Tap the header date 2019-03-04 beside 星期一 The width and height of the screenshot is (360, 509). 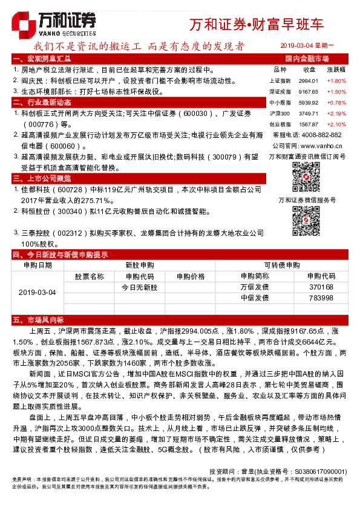301,46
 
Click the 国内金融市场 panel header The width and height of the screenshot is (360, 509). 306,59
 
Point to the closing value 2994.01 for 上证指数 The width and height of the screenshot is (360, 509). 309,80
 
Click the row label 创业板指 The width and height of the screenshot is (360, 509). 280,124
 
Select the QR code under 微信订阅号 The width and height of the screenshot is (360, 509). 306,177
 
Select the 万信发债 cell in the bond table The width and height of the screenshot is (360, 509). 254,287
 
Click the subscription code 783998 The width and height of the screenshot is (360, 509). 321,298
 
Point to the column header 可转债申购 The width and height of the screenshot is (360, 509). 282,265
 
